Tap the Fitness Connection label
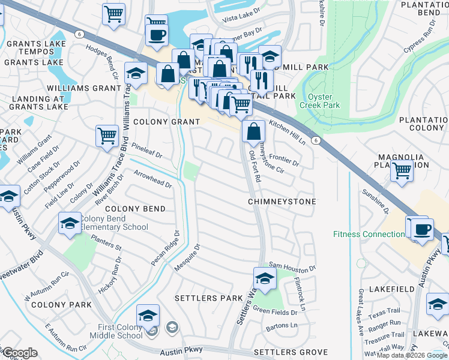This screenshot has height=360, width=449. pyautogui.click(x=368, y=234)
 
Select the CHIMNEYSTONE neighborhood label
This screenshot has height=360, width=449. pyautogui.click(x=282, y=202)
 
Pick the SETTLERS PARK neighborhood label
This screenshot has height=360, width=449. pyautogui.click(x=208, y=298)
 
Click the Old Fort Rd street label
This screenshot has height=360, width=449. pyautogui.click(x=255, y=167)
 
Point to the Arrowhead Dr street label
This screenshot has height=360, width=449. pyautogui.click(x=152, y=178)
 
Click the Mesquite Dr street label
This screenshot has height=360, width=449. pyautogui.click(x=187, y=256)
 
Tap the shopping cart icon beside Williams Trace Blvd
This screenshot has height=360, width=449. pyautogui.click(x=107, y=135)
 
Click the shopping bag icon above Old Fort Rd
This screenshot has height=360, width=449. pyautogui.click(x=254, y=130)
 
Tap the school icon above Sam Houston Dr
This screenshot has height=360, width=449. pyautogui.click(x=264, y=278)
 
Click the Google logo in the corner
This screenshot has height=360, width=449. pyautogui.click(x=19, y=353)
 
